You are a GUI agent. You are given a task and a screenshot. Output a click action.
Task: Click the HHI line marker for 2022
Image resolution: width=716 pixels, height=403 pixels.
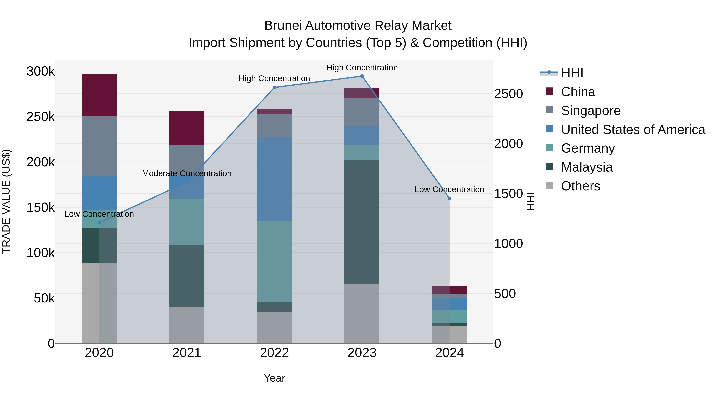point(274,87)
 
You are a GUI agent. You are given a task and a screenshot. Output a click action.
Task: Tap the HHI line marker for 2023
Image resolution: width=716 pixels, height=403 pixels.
point(362,76)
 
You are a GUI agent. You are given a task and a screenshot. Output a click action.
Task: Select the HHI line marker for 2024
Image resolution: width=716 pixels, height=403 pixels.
point(449,199)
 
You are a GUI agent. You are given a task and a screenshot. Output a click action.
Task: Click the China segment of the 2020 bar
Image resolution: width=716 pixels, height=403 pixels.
point(99,95)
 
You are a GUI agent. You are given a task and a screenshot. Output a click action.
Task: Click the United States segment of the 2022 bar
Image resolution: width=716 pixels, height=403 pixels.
point(274,179)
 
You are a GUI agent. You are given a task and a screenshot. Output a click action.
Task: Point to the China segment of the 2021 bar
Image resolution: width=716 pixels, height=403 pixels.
point(187,128)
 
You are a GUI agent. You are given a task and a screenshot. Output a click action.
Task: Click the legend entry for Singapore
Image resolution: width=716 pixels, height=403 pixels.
point(591,111)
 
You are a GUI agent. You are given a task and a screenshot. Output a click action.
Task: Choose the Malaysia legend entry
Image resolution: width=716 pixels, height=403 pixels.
point(587,167)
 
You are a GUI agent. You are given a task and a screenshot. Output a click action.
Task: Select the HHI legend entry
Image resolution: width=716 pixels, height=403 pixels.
point(572,73)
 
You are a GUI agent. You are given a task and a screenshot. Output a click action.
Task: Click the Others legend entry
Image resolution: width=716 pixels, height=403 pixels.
point(580,186)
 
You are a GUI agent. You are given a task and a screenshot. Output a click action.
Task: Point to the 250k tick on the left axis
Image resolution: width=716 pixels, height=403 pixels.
point(41,117)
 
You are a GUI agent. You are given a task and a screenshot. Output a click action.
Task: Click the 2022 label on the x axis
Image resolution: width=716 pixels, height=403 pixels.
point(274,353)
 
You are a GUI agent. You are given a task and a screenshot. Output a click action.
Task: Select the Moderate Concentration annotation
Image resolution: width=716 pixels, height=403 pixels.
point(187,173)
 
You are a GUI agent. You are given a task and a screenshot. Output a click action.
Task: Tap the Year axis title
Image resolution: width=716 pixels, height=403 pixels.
point(274,378)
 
